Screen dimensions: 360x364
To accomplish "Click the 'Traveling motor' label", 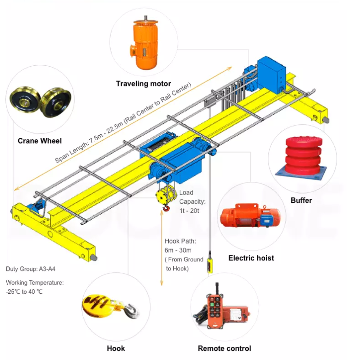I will (x=143, y=84).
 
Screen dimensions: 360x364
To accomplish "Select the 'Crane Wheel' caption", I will (x=40, y=141).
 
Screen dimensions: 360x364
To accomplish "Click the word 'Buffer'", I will (x=301, y=200).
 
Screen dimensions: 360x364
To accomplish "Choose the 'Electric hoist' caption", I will (x=251, y=258).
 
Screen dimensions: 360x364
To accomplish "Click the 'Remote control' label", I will (x=224, y=349).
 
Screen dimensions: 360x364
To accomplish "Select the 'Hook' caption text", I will (x=116, y=349).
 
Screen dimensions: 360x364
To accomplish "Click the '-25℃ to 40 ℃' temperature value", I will (x=24, y=291).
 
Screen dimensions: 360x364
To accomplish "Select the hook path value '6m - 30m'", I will (x=178, y=250).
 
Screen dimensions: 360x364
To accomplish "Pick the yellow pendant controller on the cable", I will (x=210, y=265).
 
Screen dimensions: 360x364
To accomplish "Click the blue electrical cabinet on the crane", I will (x=271, y=73).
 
